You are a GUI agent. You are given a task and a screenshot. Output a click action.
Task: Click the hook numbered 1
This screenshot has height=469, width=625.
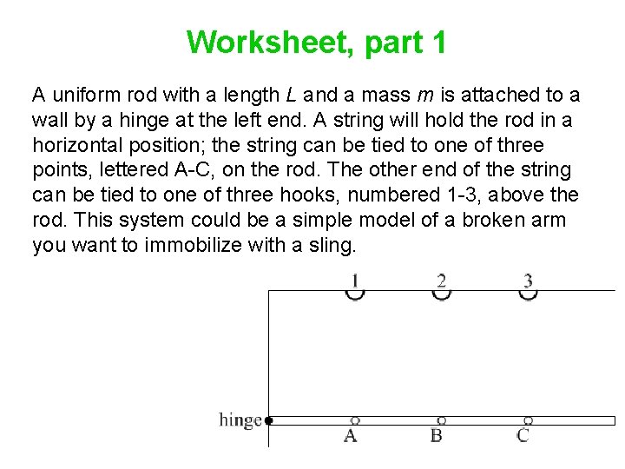pyautogui.click(x=354, y=294)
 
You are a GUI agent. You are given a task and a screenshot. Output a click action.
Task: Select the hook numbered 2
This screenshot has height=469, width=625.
pyautogui.click(x=442, y=294)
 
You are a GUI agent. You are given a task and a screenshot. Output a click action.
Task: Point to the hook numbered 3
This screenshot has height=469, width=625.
pyautogui.click(x=528, y=294)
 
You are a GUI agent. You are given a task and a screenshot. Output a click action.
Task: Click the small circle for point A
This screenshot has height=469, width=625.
pyautogui.click(x=354, y=420)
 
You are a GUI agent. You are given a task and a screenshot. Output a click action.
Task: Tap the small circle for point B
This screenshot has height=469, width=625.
pyautogui.click(x=442, y=420)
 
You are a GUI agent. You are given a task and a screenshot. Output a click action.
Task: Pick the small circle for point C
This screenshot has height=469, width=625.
pyautogui.click(x=528, y=420)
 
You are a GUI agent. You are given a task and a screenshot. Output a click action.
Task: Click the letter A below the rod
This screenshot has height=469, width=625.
pyautogui.click(x=351, y=436)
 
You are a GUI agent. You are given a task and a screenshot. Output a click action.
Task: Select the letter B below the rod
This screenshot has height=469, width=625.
pyautogui.click(x=437, y=436)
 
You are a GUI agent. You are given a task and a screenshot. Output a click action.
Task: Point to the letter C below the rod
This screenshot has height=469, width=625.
pyautogui.click(x=523, y=436)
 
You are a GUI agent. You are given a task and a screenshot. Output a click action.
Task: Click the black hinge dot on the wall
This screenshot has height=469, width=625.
pyautogui.click(x=269, y=420)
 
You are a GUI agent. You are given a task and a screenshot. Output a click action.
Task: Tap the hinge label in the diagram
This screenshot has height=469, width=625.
pyautogui.click(x=240, y=420)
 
